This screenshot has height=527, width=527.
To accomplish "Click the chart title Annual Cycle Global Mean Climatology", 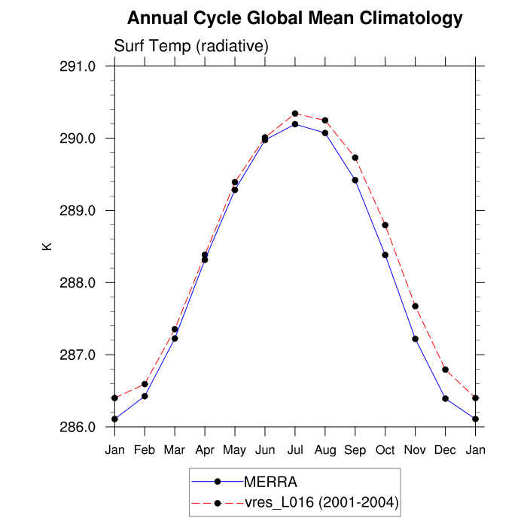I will coord(294,18).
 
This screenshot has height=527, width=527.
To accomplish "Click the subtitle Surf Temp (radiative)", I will coord(191,47).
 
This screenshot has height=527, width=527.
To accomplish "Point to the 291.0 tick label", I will coord(78,66).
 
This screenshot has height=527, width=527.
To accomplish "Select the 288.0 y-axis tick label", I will coord(78,283).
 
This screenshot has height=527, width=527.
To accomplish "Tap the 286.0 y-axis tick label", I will coord(78,427).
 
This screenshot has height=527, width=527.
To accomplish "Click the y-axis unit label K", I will coord(47,245).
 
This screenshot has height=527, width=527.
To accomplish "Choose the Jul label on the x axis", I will coord(295,450).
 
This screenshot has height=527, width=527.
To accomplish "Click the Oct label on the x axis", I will coord(385,450).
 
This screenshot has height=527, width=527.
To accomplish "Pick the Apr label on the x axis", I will coord(205,450).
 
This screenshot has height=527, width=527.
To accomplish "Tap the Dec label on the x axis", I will coord(446,450).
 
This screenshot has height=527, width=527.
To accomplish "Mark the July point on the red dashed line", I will coord(295,114).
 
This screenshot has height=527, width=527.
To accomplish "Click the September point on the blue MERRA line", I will coord(355,180).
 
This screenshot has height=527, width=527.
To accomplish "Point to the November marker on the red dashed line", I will coord(416,306).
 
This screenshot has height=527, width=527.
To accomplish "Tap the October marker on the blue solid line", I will coord(385,255).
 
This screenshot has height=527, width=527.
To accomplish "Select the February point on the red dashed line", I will coord(145,384).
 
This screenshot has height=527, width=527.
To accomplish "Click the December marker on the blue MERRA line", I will coord(446,398).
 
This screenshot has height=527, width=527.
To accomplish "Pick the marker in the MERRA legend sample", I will coord(218,481).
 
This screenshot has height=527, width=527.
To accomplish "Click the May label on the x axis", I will coord(235,450).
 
